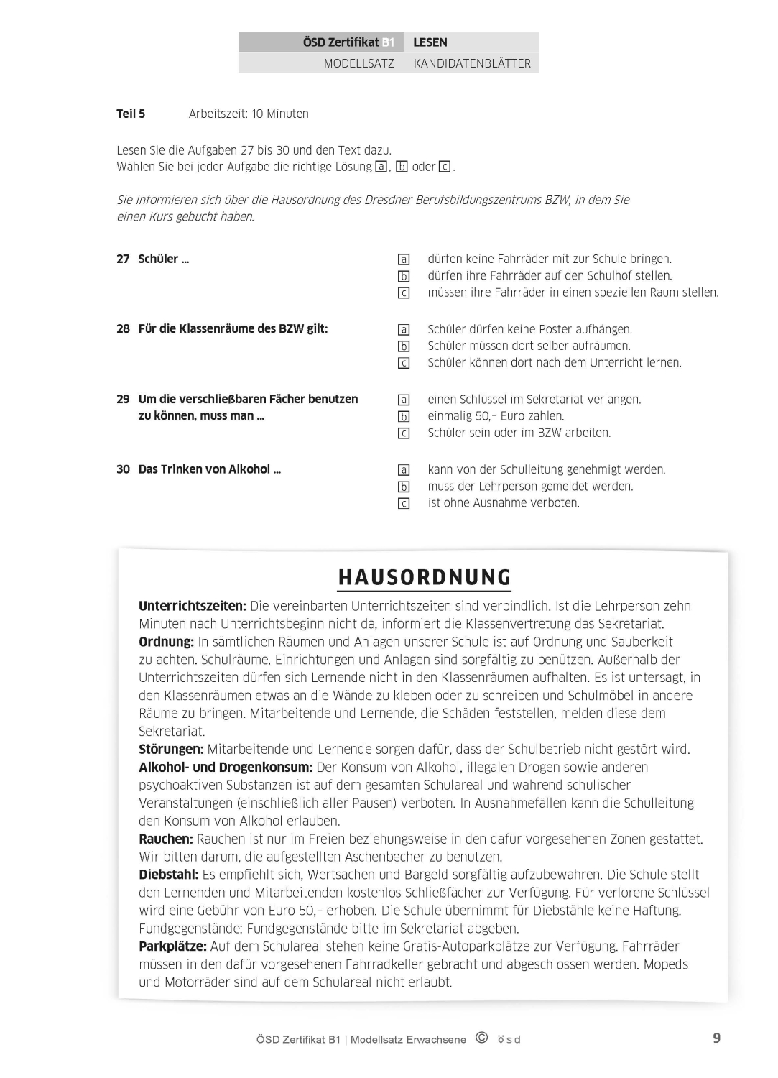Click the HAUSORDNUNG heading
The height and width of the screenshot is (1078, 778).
click(425, 577)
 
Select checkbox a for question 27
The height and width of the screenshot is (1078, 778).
click(404, 259)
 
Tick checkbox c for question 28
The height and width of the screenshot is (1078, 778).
click(404, 363)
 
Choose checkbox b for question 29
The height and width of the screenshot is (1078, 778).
click(404, 416)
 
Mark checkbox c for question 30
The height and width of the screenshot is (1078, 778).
click(404, 504)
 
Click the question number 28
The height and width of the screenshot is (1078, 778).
click(123, 328)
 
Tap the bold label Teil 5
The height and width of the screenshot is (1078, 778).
click(131, 114)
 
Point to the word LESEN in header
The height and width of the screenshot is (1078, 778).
click(430, 42)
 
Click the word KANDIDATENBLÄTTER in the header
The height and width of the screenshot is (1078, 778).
click(472, 63)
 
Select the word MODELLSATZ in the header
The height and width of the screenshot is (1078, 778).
click(358, 63)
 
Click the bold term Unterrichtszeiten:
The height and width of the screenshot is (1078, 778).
click(193, 606)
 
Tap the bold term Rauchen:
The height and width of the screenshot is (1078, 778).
click(166, 839)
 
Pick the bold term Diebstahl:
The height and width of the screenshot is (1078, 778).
click(169, 875)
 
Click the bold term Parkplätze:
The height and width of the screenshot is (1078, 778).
click(172, 946)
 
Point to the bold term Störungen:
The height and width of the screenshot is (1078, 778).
click(171, 749)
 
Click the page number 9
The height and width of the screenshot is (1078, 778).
click(716, 1038)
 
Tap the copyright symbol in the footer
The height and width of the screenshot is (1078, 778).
click(481, 1038)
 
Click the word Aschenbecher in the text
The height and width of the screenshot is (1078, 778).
click(386, 857)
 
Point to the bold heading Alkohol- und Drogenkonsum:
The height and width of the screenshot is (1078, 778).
click(226, 767)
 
